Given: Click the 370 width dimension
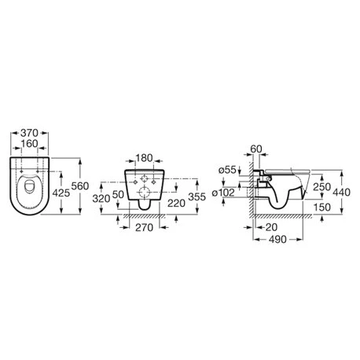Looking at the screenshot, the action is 29,133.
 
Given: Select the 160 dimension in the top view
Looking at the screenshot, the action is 29,144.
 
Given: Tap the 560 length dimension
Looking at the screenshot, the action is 80,186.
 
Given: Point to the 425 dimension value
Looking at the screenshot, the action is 61,193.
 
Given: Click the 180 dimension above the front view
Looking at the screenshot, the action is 144,158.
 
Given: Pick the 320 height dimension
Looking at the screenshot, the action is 101,199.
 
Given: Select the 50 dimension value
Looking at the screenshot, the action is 118,194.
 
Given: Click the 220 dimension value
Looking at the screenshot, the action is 176,203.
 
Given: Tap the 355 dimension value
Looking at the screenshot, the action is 197,197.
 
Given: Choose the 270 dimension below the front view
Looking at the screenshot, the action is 144,227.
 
